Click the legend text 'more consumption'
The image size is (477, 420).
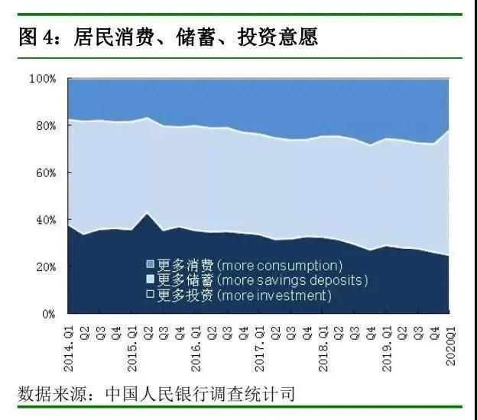[x=279, y=266]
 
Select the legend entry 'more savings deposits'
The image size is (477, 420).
[x=292, y=280]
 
